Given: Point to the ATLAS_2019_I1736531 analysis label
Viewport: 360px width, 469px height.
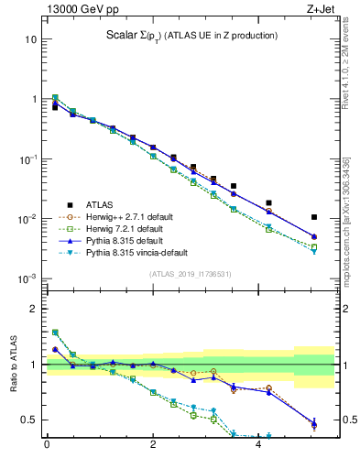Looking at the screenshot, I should coord(189,274).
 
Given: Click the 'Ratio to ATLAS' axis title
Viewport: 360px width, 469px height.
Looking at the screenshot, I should coord(14,365).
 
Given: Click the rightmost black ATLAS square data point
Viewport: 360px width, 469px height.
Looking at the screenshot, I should coord(314,217).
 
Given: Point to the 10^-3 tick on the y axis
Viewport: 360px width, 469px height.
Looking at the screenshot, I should coord(29,278).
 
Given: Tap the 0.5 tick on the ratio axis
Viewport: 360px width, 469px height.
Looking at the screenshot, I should coord(30,420).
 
